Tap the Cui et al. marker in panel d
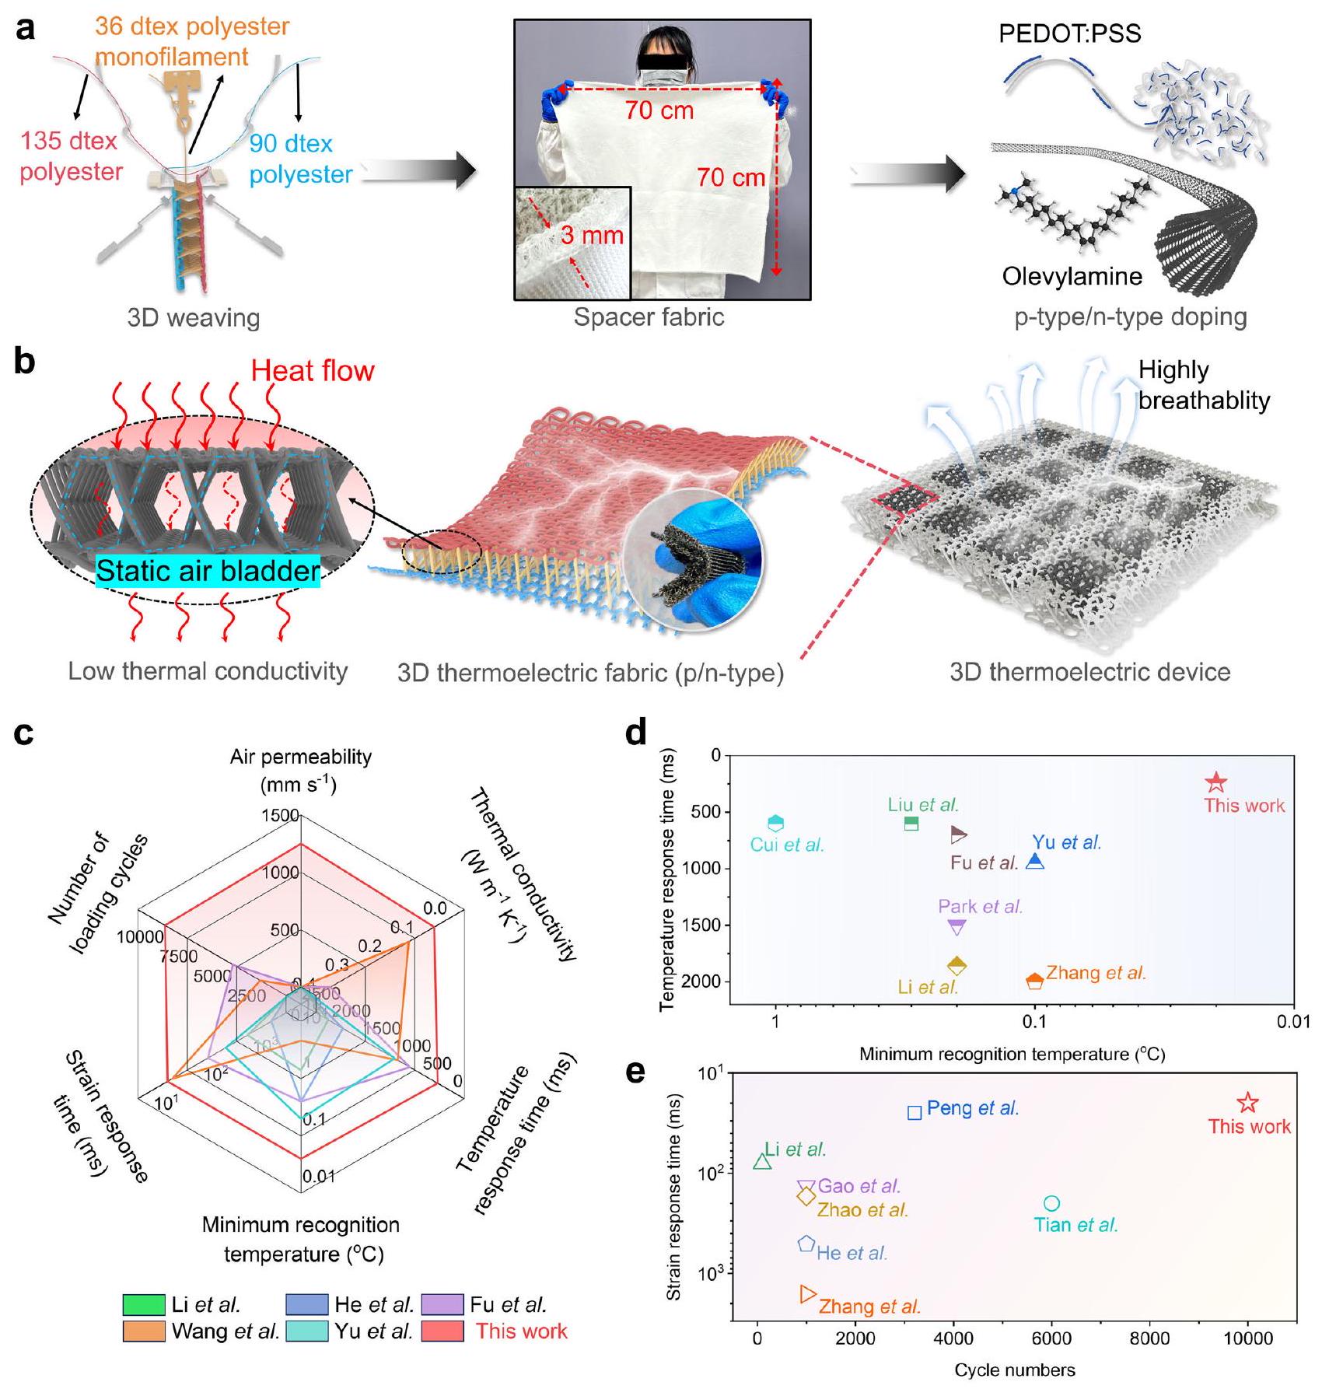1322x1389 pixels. [775, 824]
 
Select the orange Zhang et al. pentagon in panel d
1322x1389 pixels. [1034, 981]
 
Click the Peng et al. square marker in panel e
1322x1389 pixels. [915, 1112]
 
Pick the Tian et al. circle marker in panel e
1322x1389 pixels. [1051, 1203]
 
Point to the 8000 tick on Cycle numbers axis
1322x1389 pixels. [1149, 1338]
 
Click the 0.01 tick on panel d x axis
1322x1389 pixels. [1293, 1021]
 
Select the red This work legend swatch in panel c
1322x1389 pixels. [442, 1331]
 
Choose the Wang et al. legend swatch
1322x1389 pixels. [144, 1331]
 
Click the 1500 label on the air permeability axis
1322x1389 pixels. [280, 815]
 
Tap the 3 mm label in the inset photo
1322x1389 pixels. [592, 234]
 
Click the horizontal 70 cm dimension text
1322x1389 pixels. [659, 110]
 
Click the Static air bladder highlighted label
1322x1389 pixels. [208, 571]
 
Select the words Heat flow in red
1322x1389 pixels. [312, 371]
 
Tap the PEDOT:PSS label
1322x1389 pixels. [1070, 34]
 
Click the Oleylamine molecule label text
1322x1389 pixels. [1072, 276]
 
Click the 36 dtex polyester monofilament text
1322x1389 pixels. [191, 41]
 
